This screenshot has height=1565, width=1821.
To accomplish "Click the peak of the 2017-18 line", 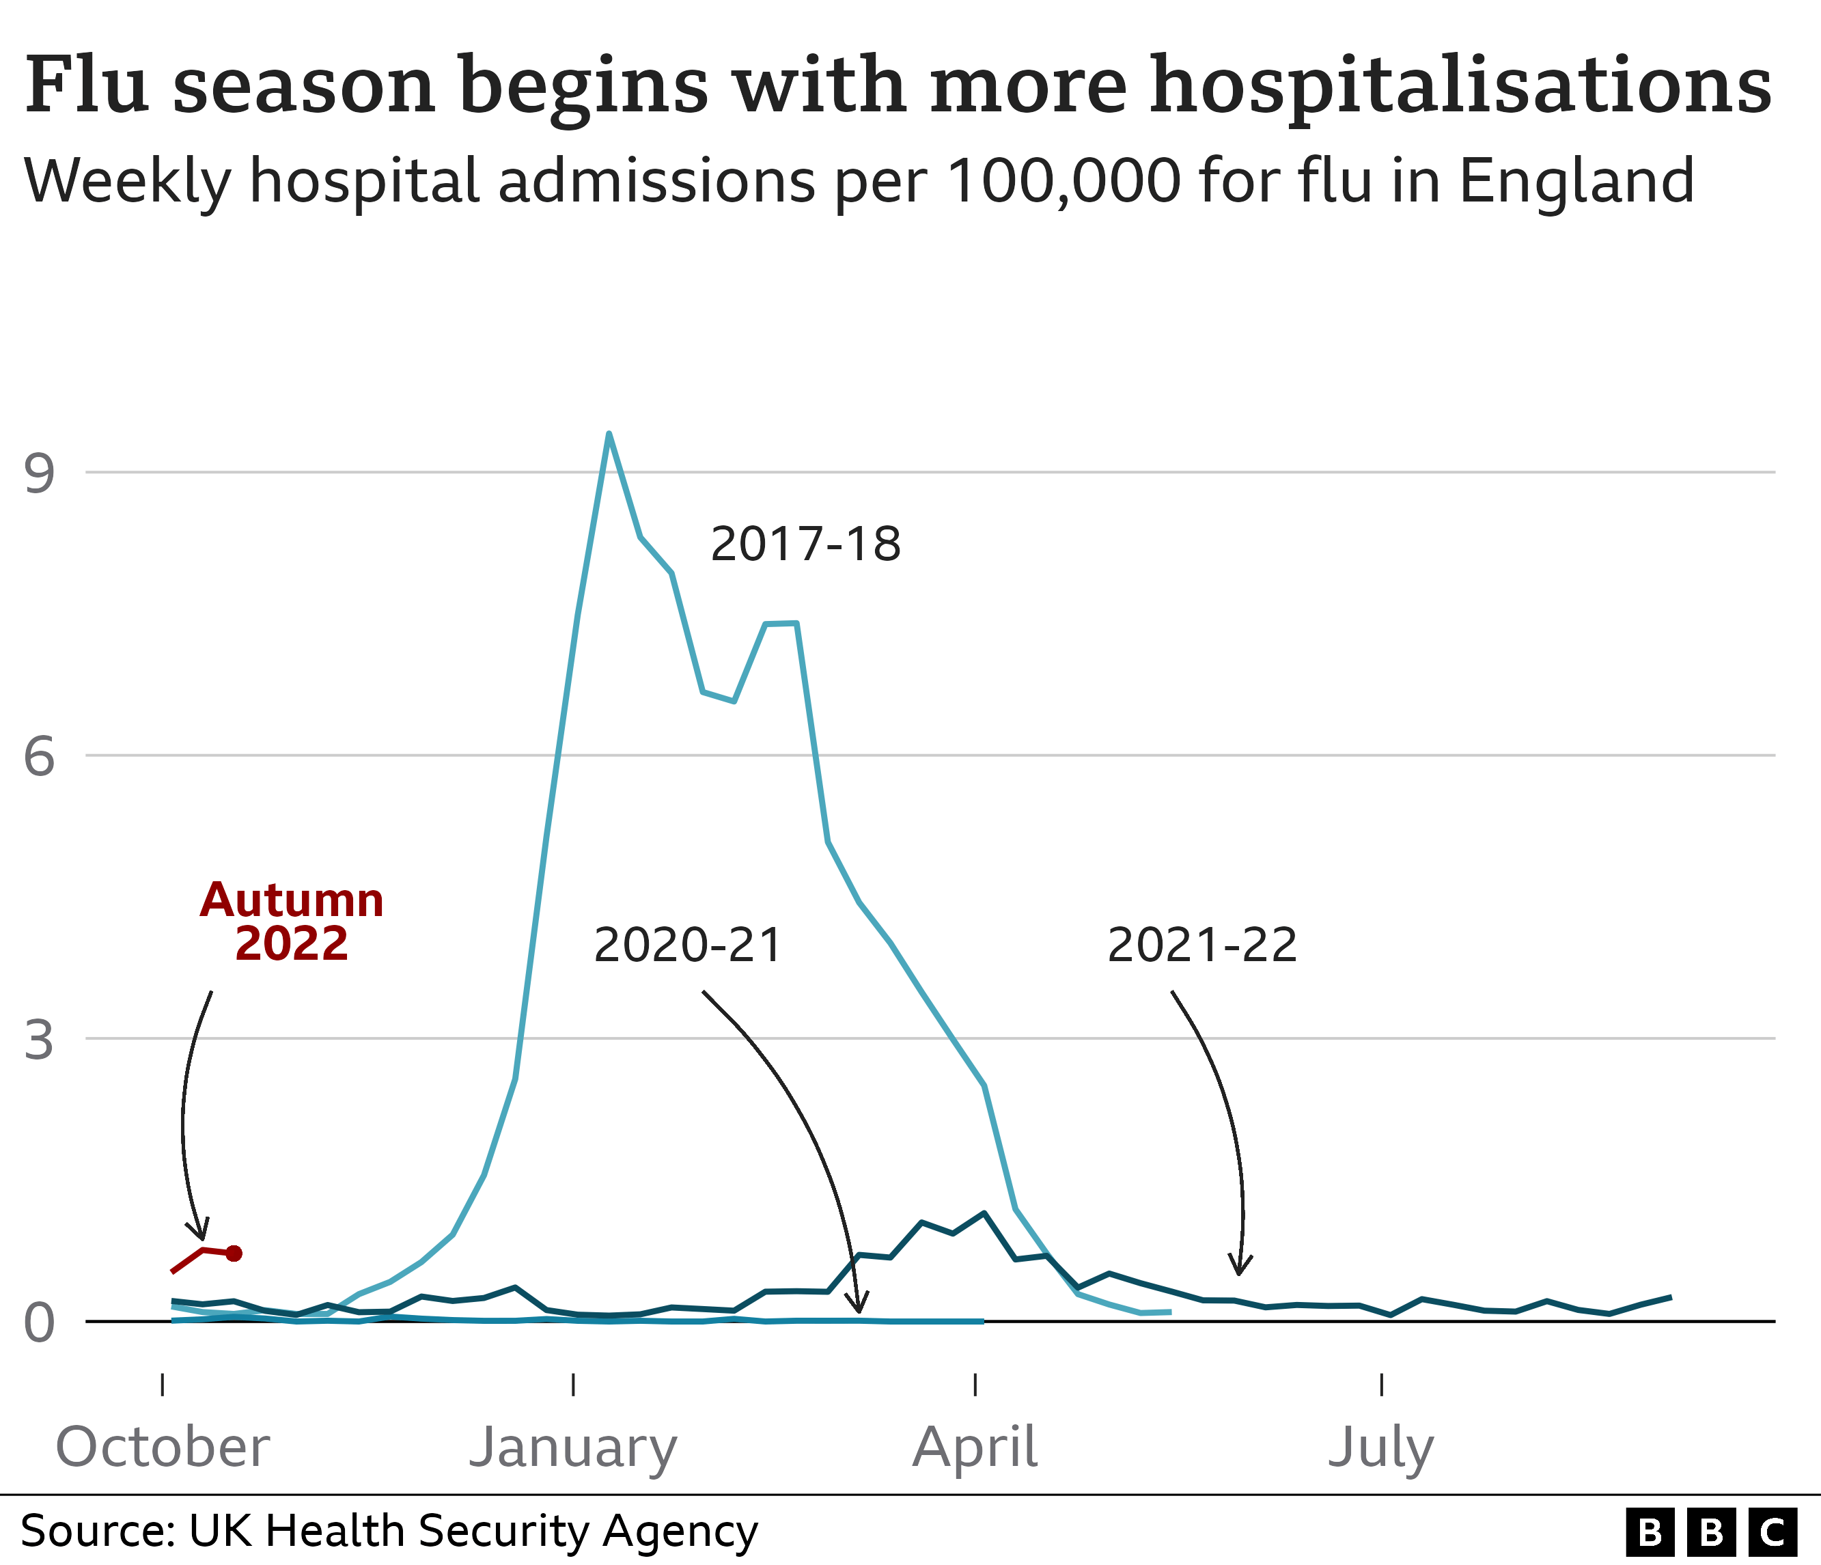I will click(x=608, y=433).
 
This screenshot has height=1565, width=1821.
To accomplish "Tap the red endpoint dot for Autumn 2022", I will click(x=234, y=1253).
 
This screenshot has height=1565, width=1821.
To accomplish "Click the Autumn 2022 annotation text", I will click(x=292, y=922).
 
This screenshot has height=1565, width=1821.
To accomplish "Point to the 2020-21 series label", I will click(x=687, y=945).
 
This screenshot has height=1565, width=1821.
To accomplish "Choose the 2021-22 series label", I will click(x=1201, y=945).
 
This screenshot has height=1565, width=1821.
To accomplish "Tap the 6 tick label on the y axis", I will click(x=40, y=756).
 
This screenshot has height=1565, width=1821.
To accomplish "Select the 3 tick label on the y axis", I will click(x=40, y=1040).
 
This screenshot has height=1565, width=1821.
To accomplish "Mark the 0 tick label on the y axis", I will click(x=40, y=1322).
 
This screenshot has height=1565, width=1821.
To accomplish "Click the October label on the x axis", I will click(x=163, y=1448).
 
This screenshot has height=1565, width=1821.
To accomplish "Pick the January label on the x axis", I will click(x=573, y=1449).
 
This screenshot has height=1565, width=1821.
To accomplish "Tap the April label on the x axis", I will click(x=975, y=1449).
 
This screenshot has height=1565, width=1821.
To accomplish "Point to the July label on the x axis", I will click(x=1380, y=1449).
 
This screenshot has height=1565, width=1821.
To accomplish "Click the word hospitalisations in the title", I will click(x=1460, y=86).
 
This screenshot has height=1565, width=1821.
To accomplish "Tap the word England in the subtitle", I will click(x=1576, y=181).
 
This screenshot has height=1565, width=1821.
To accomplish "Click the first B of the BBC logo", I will click(x=1650, y=1532).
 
